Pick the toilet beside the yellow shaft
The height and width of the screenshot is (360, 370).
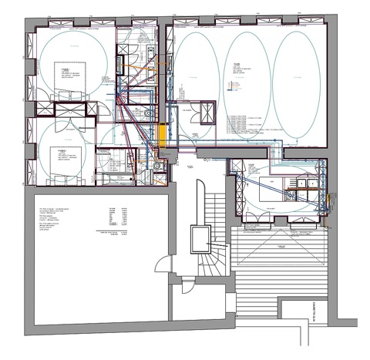tap(149, 115)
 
